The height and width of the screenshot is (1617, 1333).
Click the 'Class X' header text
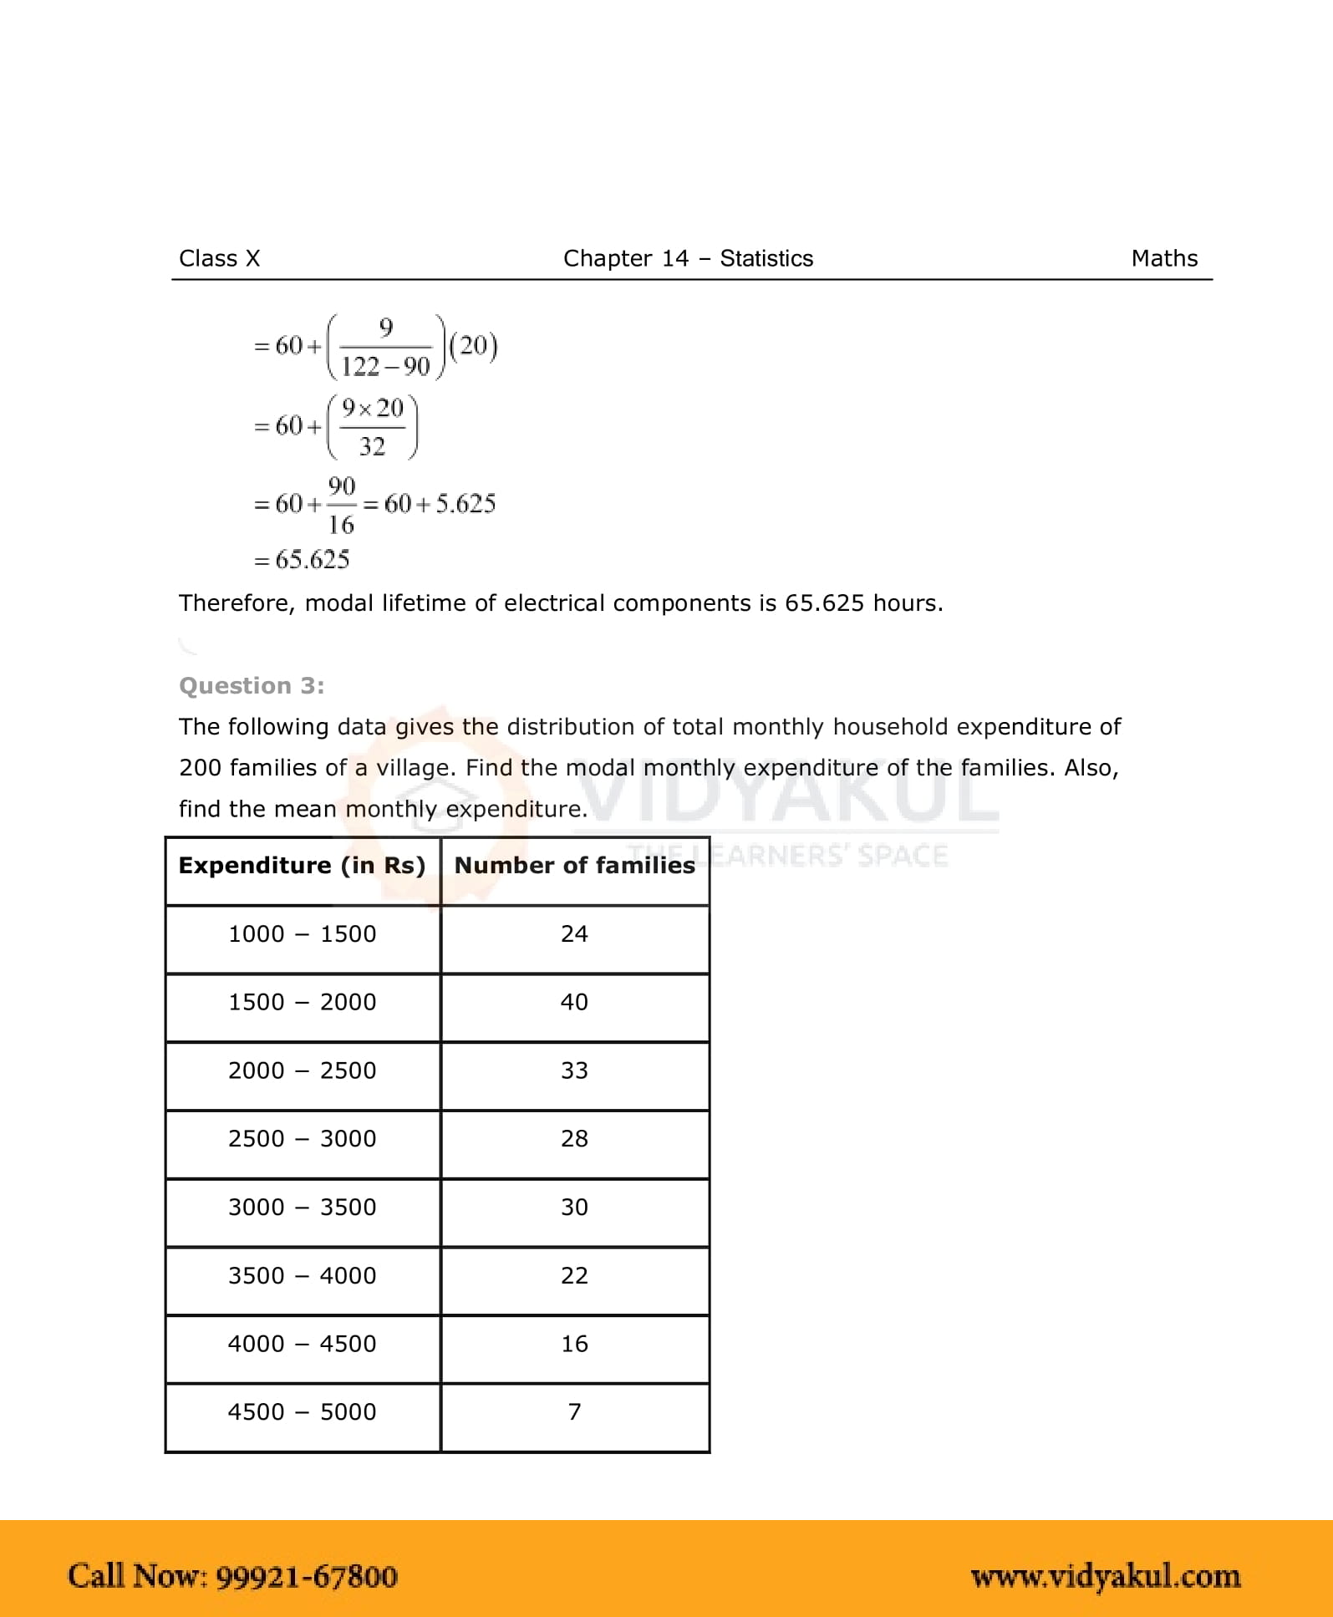click(219, 258)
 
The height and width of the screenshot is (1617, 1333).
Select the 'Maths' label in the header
click(1163, 258)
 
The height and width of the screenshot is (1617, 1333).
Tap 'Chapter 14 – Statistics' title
click(688, 258)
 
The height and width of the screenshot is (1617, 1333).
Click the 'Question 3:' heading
click(252, 685)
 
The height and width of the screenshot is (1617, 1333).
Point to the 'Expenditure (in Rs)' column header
click(302, 865)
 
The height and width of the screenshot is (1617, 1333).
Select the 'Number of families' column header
click(574, 865)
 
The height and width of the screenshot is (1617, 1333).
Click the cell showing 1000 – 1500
click(302, 933)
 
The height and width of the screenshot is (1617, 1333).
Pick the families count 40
click(574, 1001)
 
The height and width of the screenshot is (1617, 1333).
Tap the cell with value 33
click(574, 1070)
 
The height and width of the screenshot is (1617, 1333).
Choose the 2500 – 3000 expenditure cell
click(302, 1138)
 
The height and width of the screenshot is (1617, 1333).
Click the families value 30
click(574, 1207)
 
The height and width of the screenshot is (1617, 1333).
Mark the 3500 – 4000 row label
click(302, 1275)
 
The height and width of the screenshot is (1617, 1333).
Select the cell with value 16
click(574, 1344)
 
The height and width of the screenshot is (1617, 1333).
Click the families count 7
click(574, 1411)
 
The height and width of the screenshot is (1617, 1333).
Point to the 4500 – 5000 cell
click(302, 1411)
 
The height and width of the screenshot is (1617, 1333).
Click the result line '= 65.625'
click(302, 559)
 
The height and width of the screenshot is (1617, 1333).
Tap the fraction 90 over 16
click(341, 505)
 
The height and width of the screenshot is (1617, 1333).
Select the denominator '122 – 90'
click(385, 366)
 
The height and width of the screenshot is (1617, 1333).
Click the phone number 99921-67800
click(306, 1576)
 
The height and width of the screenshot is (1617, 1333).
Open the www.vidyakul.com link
click(1105, 1576)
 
